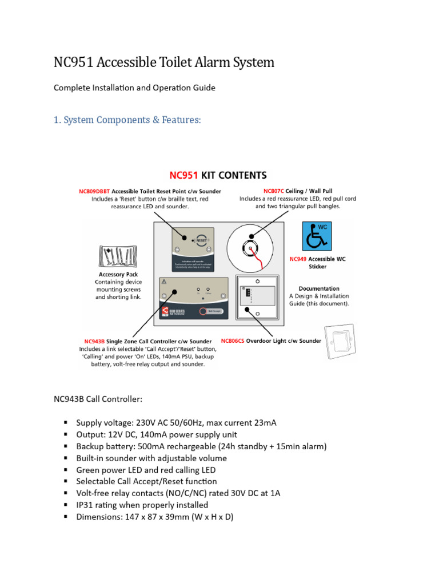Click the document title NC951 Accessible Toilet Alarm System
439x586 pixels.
pos(164,62)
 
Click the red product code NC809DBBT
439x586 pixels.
pos(94,191)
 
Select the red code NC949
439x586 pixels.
pos(298,259)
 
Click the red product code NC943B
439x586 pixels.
pos(95,342)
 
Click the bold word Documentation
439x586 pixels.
pos(318,288)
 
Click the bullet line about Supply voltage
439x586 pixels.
pos(176,423)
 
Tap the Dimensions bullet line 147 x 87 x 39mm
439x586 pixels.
pos(154,517)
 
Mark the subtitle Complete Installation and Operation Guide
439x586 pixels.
pos(134,88)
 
